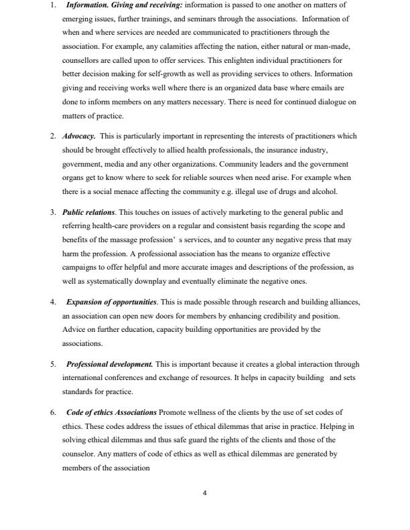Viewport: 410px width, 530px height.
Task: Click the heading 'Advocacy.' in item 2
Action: pos(79,135)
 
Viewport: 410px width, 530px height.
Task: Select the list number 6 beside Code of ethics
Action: pos(53,413)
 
